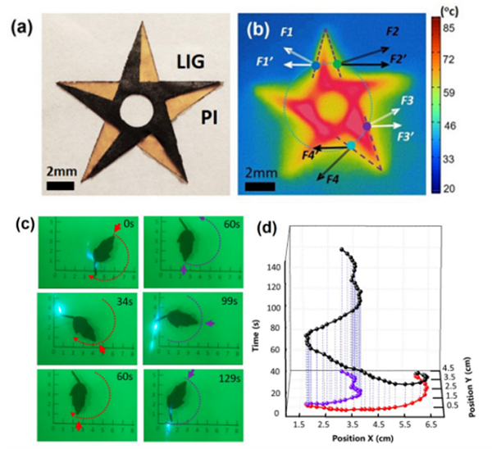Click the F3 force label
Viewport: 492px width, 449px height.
click(x=408, y=100)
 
